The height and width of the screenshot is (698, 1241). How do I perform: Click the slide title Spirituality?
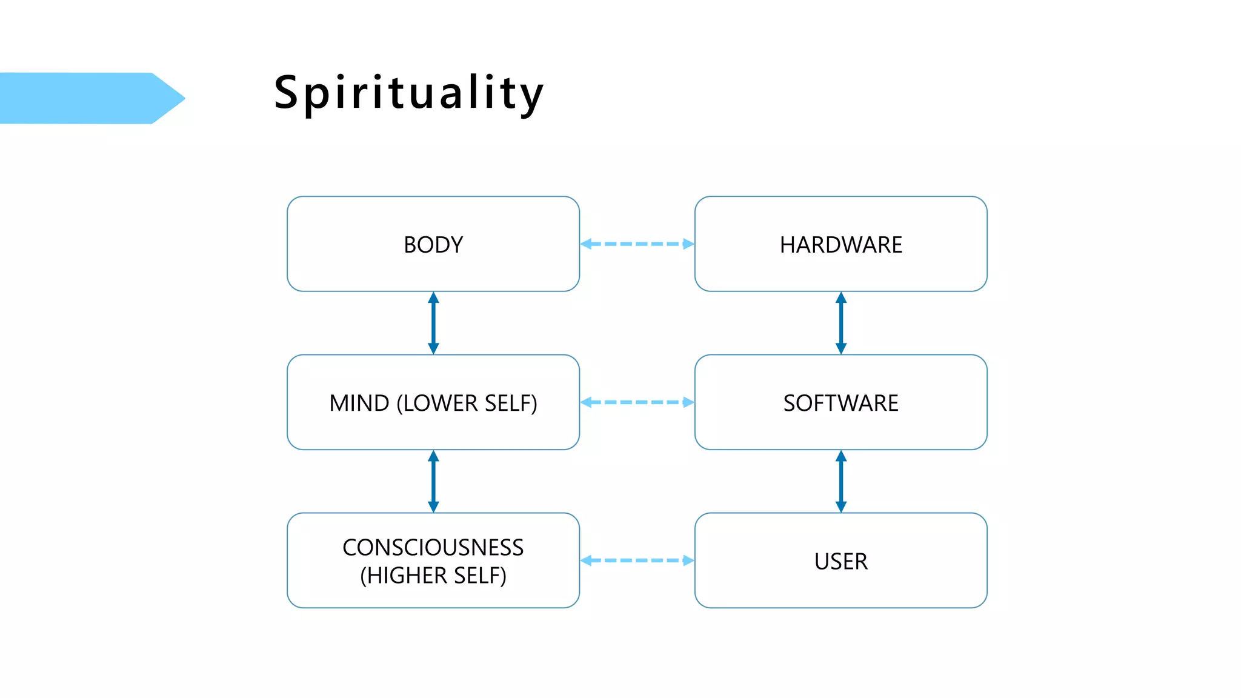coord(409,93)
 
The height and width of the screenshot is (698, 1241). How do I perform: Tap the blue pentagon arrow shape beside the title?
coord(91,98)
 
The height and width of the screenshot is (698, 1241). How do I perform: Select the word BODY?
coord(433,245)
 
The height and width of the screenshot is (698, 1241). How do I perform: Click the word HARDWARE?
coord(840,245)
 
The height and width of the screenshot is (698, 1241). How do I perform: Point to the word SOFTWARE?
coord(840,403)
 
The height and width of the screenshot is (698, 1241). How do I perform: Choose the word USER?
coord(840,561)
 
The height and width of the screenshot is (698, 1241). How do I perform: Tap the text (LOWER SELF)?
coord(467,403)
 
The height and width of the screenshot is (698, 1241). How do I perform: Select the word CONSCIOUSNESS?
coord(433,547)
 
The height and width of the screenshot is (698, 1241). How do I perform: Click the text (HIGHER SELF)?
coord(433,575)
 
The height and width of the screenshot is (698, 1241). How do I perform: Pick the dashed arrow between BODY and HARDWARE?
coord(637,244)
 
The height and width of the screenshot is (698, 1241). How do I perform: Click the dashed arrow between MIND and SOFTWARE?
coord(637,402)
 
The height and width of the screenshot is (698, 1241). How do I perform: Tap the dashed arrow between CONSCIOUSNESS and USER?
coord(637,560)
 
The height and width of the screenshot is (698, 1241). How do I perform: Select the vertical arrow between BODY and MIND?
coord(433,323)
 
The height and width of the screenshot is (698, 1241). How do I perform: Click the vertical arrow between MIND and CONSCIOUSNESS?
coord(433,481)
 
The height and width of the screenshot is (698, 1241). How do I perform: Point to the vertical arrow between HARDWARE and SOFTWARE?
coord(840,323)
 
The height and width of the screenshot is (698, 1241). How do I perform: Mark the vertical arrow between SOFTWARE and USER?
coord(840,481)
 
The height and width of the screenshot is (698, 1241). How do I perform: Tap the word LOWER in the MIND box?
coord(441,403)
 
